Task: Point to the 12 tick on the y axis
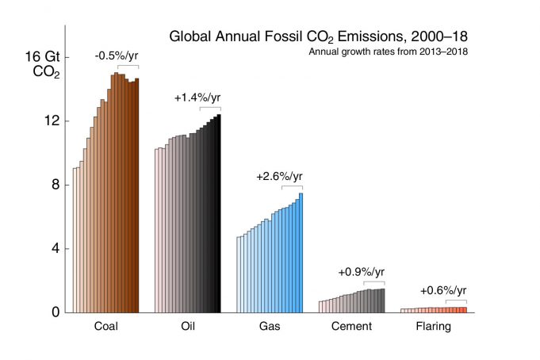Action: click(52, 121)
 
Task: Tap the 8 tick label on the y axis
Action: click(56, 185)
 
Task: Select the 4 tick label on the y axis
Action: click(56, 248)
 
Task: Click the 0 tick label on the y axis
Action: click(56, 312)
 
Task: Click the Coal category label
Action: click(106, 327)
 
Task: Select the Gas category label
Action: click(270, 327)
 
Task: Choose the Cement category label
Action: click(351, 327)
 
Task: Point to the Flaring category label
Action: click(433, 327)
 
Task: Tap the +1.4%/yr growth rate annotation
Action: click(197, 98)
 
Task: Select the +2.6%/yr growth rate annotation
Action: click(279, 176)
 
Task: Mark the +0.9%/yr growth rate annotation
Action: click(361, 272)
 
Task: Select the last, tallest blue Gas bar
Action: click(301, 253)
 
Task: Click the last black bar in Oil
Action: click(219, 213)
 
